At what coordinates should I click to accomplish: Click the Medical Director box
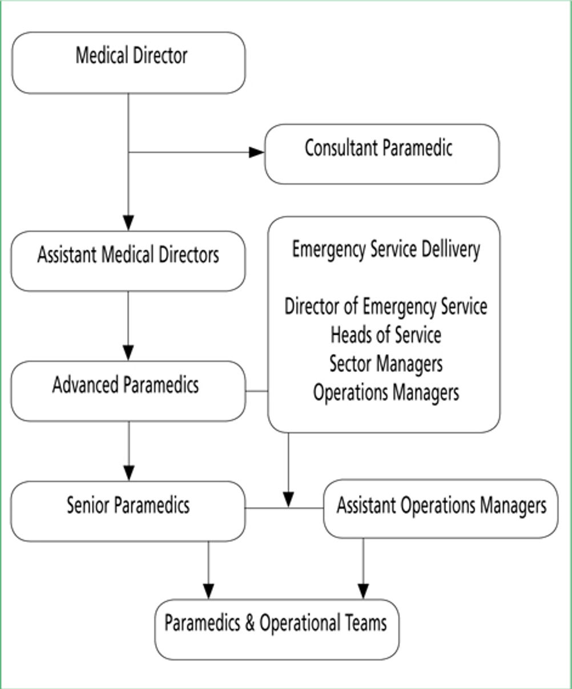click(128, 63)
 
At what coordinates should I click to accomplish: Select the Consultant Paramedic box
click(382, 154)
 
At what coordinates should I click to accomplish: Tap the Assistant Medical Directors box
click(128, 261)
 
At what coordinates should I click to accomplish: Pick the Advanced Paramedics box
click(128, 391)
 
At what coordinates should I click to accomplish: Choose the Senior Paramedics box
click(128, 511)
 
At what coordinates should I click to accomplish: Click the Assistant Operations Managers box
click(441, 509)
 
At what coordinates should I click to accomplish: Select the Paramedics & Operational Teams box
click(277, 629)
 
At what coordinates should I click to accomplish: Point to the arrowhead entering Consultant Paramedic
click(257, 152)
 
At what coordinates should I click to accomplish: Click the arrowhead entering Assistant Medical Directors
click(128, 223)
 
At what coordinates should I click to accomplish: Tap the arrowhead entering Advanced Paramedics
click(128, 352)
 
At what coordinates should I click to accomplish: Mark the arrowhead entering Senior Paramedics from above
click(129, 473)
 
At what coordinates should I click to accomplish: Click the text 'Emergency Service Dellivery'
click(386, 250)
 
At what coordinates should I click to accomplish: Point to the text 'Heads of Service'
click(386, 335)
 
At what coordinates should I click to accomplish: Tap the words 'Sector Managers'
click(386, 364)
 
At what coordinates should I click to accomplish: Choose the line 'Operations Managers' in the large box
click(386, 393)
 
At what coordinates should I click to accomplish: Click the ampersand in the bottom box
click(250, 623)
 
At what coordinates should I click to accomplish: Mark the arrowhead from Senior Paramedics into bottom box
click(208, 591)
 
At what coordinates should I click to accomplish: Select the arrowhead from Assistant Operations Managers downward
click(363, 591)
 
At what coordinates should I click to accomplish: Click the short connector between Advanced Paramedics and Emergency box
click(257, 391)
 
